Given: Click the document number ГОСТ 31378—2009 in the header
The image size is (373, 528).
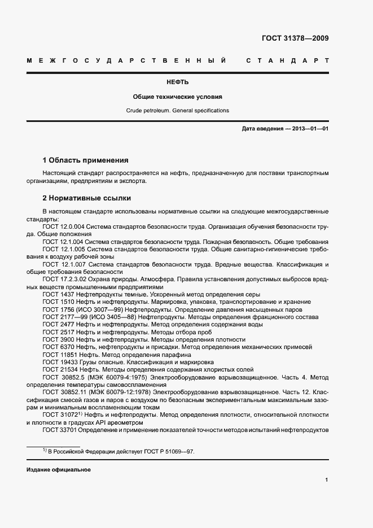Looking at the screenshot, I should pos(295,39).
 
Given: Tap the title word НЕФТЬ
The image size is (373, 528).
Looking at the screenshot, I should pos(177,82).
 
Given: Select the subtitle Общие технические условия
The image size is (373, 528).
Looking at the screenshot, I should pos(177,97).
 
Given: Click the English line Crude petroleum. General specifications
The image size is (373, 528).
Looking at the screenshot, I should pos(177,111).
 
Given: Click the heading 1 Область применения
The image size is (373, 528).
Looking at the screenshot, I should pos(85,160).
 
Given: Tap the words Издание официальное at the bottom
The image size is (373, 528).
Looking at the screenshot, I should pos(58,470).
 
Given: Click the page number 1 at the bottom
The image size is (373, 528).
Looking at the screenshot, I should pos(327,480).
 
